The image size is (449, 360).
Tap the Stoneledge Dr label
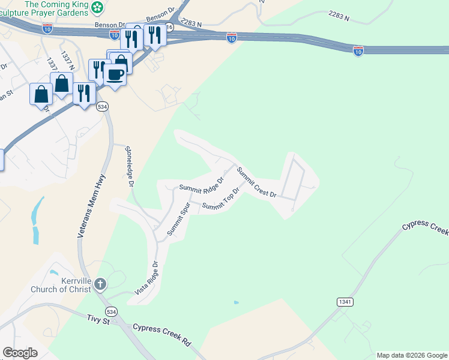coord(128,166)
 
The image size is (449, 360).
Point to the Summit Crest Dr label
coord(256,182)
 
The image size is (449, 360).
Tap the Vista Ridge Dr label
coord(146,278)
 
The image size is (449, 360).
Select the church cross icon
coord(100,283)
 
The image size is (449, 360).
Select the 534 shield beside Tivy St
coord(110,312)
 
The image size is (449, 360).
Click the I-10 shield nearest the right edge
coord(358,51)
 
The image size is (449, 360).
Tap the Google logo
coord(20,353)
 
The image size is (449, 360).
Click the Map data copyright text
coord(411,355)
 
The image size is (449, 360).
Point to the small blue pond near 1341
coord(236,302)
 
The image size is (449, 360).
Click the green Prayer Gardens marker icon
coord(97,7)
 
